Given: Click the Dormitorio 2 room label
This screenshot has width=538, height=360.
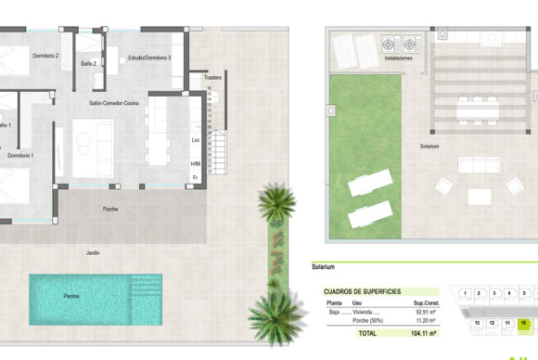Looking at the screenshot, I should point(45,57).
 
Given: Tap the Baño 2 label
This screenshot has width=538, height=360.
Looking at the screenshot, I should point(88,63).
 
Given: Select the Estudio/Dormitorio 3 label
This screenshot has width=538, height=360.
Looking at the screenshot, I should point(149,58).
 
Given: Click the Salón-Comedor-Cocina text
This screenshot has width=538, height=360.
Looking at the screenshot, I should point(114,103).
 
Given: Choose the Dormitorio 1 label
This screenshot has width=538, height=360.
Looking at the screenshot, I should point(20,155).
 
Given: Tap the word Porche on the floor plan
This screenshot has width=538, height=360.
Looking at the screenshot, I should point(110,209).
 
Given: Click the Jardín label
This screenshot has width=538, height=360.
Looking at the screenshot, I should point(92,252).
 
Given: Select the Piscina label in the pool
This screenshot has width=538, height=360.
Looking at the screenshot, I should point(71,296).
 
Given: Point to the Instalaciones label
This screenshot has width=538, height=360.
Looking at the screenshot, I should point(398,58).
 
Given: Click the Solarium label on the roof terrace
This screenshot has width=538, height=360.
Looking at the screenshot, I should point(429,146).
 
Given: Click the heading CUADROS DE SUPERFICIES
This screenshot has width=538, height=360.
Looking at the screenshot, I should point(362,291).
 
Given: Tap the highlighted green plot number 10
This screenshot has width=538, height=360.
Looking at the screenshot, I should point(524,323).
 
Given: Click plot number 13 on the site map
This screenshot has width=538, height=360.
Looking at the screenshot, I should point(477,323).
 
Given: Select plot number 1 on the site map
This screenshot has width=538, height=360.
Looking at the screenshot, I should point(465,292).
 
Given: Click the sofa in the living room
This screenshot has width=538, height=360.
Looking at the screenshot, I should point(94,148).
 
